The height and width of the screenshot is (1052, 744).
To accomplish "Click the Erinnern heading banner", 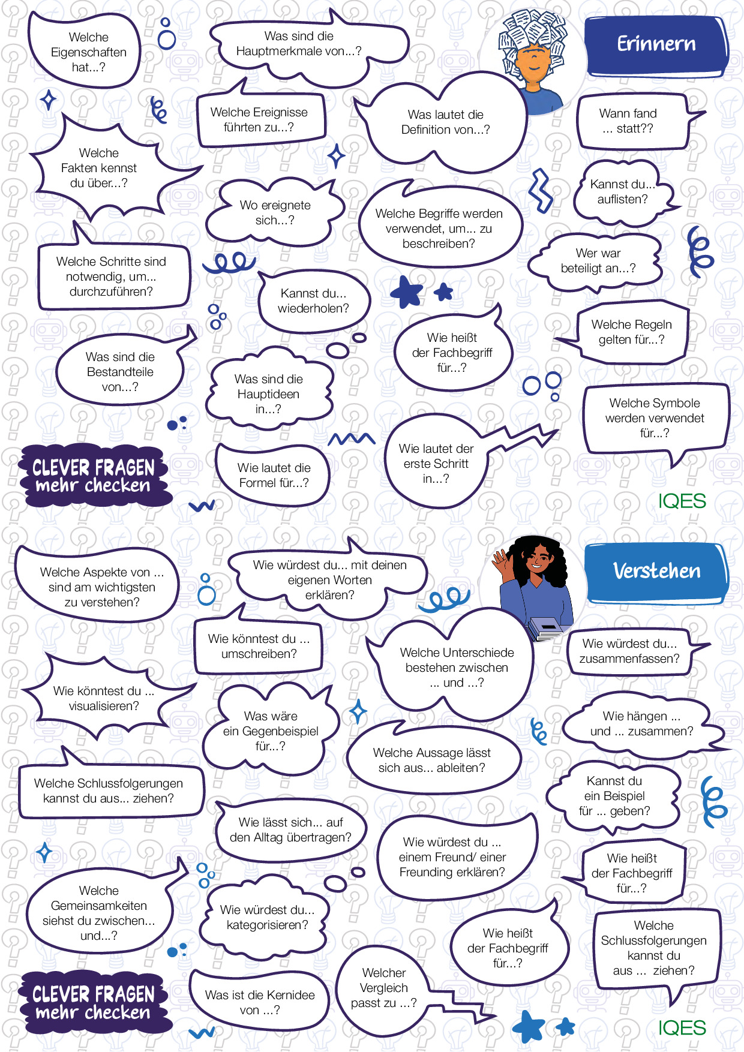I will (656, 44).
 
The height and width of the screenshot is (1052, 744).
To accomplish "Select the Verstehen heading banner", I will (656, 571).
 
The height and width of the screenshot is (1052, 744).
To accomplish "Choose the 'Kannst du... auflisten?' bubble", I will (623, 192).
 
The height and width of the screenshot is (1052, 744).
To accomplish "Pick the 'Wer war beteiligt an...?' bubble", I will (598, 261).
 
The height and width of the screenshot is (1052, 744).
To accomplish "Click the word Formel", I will (258, 483).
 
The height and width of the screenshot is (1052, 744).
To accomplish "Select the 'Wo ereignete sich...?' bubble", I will (275, 212).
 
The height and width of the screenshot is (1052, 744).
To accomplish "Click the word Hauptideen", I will (268, 395).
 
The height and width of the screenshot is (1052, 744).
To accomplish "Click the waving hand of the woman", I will (500, 563).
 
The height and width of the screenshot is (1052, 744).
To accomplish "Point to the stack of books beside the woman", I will (545, 630).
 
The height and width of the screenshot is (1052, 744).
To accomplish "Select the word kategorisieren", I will (267, 925).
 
